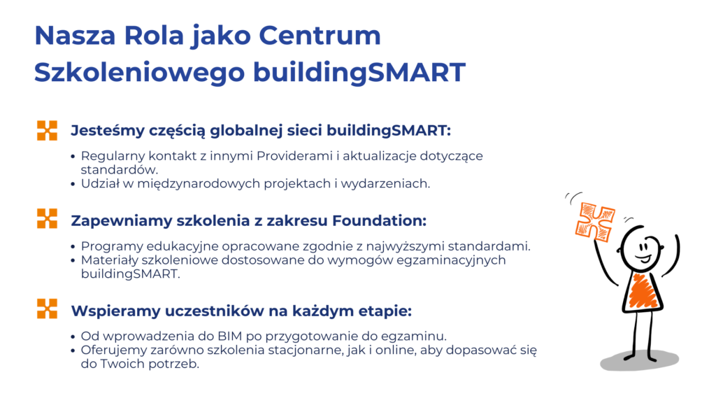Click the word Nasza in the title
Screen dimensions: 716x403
tap(75, 36)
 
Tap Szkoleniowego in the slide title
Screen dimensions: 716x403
tap(139, 73)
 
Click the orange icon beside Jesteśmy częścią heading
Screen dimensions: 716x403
tap(47, 131)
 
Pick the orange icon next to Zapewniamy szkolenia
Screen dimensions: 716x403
tap(47, 218)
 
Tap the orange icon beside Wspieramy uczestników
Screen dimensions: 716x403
tap(47, 309)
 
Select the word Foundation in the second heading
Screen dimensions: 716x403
tap(379, 220)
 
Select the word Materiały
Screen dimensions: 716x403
tap(110, 260)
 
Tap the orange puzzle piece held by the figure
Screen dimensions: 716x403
tap(594, 222)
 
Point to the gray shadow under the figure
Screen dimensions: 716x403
tap(639, 360)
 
